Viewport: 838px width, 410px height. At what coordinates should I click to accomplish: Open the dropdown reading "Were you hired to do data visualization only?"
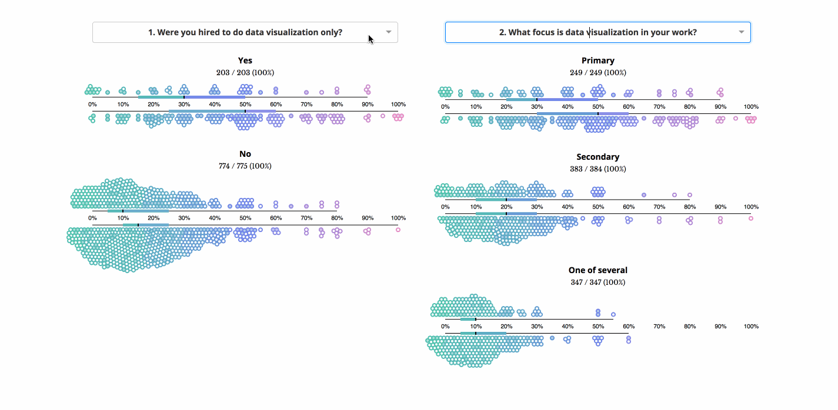click(245, 32)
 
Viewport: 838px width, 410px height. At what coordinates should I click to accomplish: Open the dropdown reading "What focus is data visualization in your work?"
click(597, 32)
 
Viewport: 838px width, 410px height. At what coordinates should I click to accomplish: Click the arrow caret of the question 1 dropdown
click(388, 32)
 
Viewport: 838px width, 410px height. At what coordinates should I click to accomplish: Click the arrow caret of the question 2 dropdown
click(741, 32)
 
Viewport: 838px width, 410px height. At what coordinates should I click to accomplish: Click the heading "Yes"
click(245, 61)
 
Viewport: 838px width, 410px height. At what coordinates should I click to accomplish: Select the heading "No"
click(245, 154)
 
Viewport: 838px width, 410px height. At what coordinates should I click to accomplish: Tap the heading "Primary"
click(597, 61)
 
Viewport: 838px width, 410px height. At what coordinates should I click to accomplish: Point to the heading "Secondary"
click(597, 157)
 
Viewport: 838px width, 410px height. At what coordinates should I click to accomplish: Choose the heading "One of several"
click(597, 270)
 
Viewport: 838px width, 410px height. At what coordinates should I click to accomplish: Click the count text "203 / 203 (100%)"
click(245, 72)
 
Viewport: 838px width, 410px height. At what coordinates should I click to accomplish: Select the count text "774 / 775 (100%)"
click(245, 166)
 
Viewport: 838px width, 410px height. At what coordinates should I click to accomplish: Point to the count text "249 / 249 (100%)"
click(597, 72)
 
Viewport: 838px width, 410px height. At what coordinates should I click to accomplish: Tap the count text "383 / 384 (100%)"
click(597, 169)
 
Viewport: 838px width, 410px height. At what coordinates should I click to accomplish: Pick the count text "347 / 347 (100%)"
click(597, 282)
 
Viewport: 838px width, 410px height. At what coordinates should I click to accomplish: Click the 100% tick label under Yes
click(398, 105)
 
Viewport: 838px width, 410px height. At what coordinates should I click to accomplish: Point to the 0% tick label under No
click(92, 218)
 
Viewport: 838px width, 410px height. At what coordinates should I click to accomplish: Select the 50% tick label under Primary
click(598, 107)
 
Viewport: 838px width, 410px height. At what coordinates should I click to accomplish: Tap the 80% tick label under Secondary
click(690, 207)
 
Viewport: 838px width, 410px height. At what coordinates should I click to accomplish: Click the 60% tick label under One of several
click(629, 327)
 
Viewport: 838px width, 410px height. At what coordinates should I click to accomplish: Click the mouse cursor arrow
click(370, 39)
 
